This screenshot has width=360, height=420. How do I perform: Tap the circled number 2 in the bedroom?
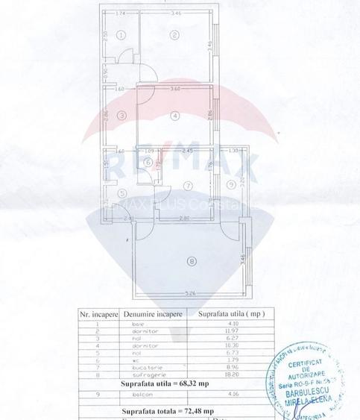173,34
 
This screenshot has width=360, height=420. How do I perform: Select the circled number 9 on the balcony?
231,184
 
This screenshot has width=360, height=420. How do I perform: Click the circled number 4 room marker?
173,115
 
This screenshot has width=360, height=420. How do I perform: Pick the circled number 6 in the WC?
148,162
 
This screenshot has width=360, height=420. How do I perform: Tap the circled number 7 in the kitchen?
188,185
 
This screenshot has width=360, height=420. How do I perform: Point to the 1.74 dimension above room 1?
120,14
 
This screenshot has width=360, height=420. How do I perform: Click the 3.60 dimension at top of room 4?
176,90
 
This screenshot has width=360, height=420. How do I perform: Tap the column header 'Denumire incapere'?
151,315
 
